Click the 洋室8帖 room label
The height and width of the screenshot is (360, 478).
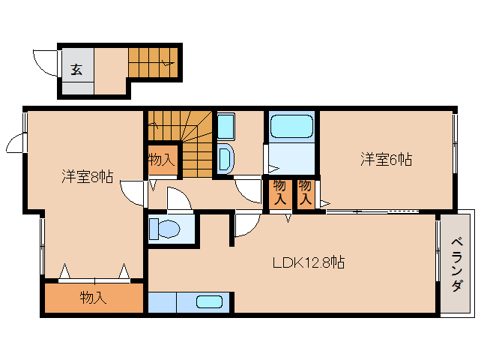(x=87, y=178)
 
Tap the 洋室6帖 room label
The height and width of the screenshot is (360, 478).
(x=386, y=159)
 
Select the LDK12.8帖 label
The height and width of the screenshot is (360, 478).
(x=308, y=263)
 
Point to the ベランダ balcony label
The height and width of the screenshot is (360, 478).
(x=456, y=265)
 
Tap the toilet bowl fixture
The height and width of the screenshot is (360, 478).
(x=166, y=229)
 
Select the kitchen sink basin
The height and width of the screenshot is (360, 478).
(x=209, y=302)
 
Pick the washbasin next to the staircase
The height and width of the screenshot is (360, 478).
(x=225, y=158)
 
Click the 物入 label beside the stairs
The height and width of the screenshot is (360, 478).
(x=161, y=159)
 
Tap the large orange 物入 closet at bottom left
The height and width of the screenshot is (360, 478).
(x=93, y=298)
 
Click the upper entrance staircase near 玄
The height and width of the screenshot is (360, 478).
(x=153, y=60)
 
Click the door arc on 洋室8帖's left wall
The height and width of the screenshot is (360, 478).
(x=17, y=142)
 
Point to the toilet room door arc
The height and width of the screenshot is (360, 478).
(x=179, y=200)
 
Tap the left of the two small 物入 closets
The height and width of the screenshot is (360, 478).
(x=279, y=193)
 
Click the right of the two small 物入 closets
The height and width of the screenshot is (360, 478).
(x=305, y=193)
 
